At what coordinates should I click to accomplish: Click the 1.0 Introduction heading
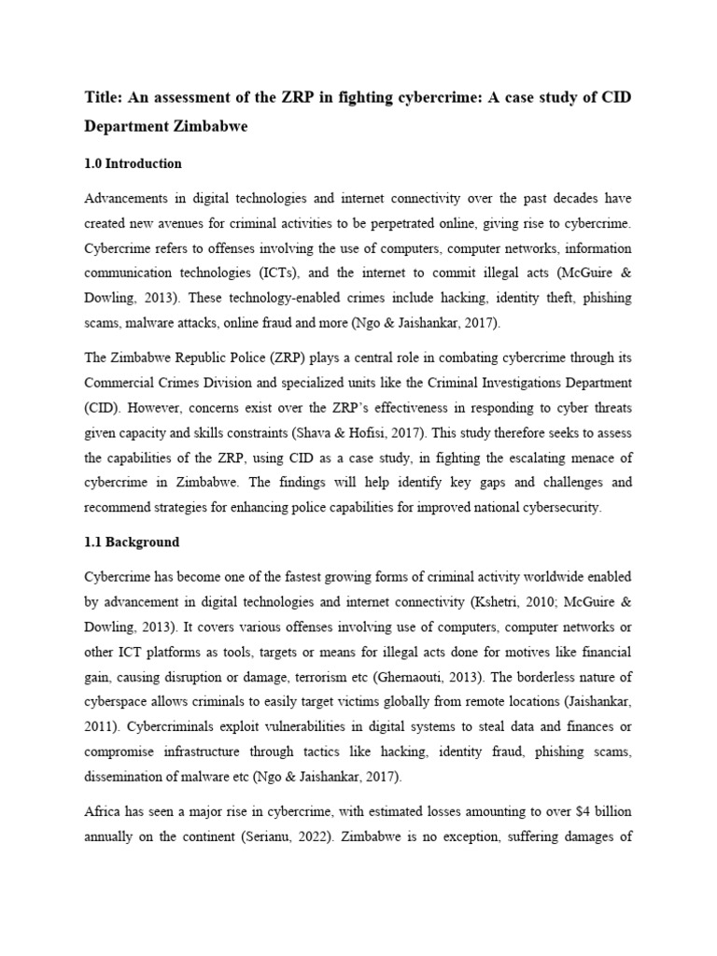pyautogui.click(x=133, y=163)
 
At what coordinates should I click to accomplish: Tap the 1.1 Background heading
pyautogui.click(x=132, y=541)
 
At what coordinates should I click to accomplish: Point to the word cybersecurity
pyautogui.click(x=572, y=508)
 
